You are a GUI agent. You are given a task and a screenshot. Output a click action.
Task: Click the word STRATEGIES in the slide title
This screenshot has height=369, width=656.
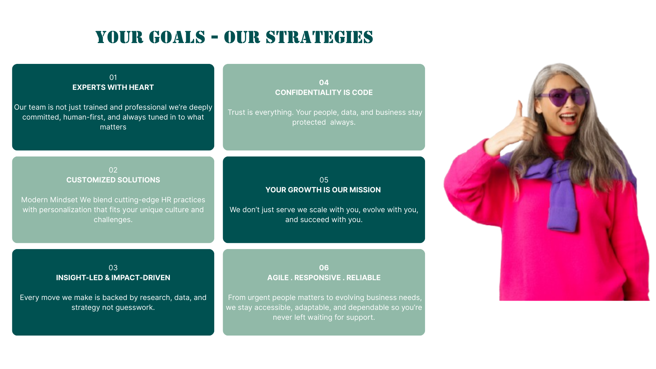coord(319,37)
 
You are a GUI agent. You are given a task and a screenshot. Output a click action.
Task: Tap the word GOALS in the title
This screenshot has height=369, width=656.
coord(177,37)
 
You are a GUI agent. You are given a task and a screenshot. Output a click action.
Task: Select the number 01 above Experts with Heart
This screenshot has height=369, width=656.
coord(113,78)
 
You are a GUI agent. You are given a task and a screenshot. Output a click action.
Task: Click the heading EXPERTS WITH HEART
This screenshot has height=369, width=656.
coord(113,87)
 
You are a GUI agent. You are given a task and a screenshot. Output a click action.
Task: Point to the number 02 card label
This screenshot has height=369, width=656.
coord(113,170)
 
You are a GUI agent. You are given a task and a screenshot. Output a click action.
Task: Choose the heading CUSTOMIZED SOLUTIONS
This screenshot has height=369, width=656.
coord(113,180)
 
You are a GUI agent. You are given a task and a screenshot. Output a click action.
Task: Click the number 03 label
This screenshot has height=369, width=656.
coord(113,268)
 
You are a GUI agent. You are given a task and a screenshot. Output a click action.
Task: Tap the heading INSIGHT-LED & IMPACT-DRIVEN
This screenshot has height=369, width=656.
coord(113,278)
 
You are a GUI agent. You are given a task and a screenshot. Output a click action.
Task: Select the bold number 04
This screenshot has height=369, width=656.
coord(324,83)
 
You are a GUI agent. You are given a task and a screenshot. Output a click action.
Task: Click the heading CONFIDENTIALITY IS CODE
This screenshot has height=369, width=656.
coord(324,93)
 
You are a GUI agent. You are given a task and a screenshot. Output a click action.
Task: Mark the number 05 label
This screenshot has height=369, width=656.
coord(324,180)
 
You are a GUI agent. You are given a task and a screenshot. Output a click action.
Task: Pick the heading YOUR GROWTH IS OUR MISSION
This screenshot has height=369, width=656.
coord(323,190)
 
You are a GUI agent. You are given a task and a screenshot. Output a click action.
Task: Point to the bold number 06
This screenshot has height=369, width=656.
coord(324,268)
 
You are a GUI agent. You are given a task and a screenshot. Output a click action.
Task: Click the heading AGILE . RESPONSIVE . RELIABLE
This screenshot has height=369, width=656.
coord(324,278)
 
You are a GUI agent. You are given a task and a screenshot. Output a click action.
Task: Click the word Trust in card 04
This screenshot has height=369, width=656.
coord(235,112)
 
